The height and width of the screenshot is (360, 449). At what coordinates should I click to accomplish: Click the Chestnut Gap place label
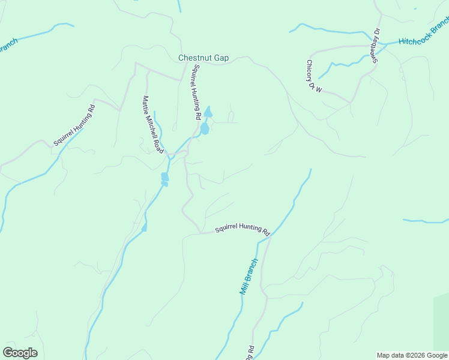(x=203, y=58)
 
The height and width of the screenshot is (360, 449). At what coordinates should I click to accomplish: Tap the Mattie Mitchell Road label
(x=152, y=124)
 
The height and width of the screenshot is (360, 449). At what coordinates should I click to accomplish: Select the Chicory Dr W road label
(x=314, y=77)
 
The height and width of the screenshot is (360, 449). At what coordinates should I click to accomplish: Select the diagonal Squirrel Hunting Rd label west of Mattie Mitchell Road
(x=74, y=125)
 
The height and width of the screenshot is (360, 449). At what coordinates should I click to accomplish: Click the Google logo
(x=20, y=353)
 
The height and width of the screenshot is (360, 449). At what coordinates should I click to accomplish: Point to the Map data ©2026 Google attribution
(x=412, y=355)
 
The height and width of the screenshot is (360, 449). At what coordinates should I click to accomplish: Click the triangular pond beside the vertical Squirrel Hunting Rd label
(x=208, y=112)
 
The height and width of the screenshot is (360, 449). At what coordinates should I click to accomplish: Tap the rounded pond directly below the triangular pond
(x=205, y=128)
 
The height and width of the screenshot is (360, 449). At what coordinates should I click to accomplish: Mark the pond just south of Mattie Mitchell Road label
(x=164, y=178)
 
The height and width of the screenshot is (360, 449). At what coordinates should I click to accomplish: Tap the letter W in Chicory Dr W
(x=319, y=89)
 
